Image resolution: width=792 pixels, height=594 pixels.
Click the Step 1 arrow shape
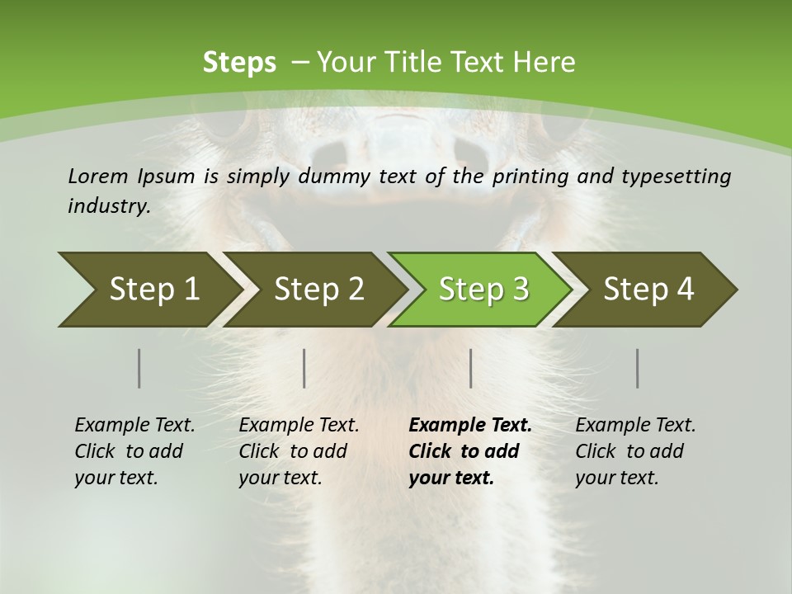click(148, 290)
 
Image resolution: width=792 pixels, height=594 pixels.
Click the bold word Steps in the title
click(239, 63)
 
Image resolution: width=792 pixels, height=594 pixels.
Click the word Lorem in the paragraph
click(97, 176)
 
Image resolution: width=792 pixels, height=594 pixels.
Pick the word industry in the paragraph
click(109, 205)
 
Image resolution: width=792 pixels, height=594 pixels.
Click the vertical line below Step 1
click(139, 368)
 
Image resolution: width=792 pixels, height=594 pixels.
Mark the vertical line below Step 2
click(304, 368)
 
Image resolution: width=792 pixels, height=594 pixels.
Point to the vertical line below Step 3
click(470, 368)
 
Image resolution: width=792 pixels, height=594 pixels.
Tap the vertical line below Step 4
click(638, 368)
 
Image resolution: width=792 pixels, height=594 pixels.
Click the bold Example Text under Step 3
click(470, 426)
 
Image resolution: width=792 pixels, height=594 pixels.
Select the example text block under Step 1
click(134, 451)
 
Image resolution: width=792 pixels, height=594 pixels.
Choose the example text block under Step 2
click(299, 451)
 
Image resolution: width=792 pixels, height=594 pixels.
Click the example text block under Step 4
click(635, 451)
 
